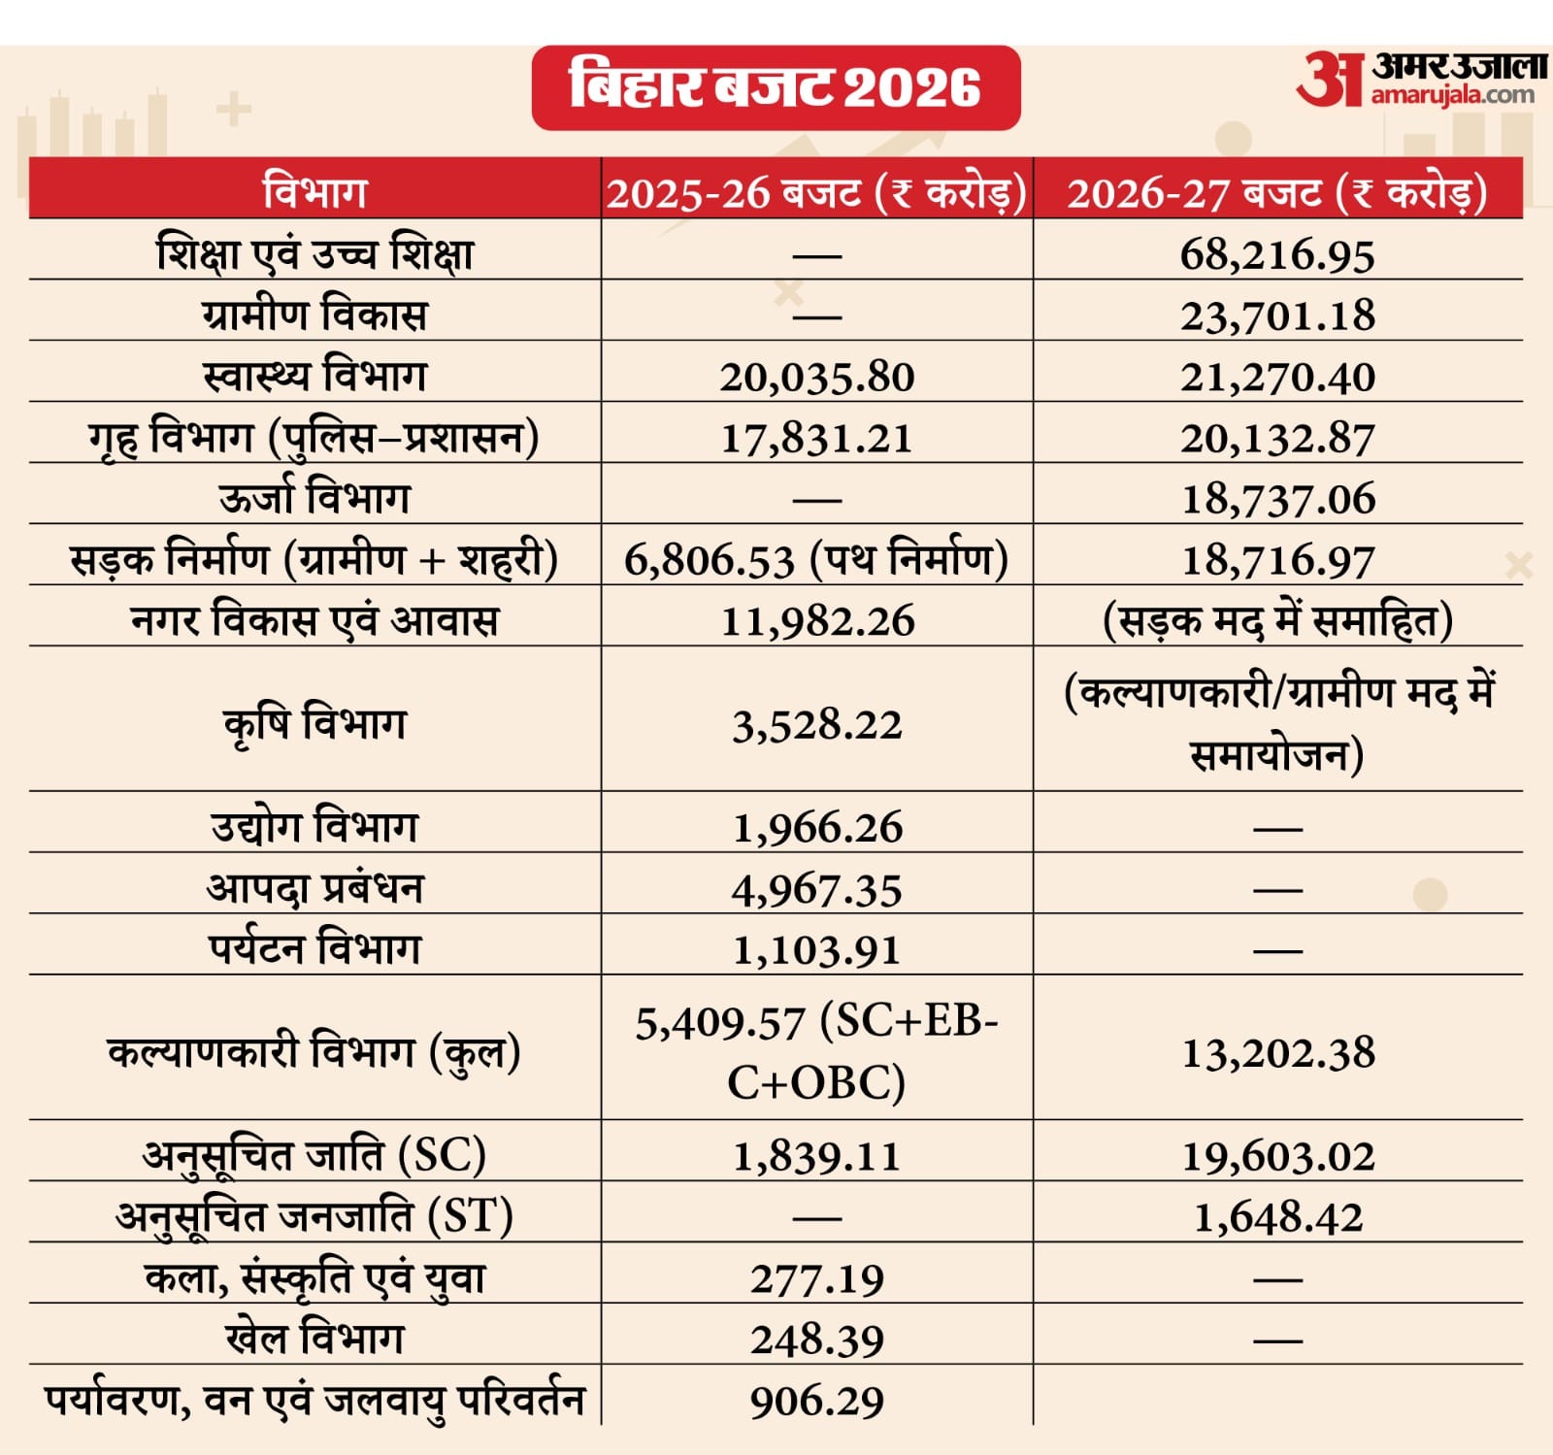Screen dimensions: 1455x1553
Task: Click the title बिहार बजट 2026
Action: point(776,87)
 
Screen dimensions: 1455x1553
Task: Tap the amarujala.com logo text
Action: point(1453,95)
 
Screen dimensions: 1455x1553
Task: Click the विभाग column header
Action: point(314,191)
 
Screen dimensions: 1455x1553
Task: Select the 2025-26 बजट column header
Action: point(816,192)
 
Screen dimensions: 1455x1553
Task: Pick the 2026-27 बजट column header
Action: point(1277,192)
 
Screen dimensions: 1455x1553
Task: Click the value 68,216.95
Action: point(1277,255)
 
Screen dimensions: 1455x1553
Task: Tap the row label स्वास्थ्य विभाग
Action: point(314,376)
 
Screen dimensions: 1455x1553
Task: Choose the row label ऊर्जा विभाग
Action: point(314,498)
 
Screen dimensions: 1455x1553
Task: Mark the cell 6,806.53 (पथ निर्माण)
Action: point(816,560)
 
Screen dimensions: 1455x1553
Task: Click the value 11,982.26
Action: point(816,621)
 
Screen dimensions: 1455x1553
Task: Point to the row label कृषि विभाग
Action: point(314,724)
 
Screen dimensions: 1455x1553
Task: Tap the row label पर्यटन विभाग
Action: point(314,948)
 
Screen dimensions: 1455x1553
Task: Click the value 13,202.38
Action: point(1277,1053)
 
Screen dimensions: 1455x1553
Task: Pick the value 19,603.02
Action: point(1277,1156)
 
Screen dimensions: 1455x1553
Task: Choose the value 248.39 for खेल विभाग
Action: point(816,1340)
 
